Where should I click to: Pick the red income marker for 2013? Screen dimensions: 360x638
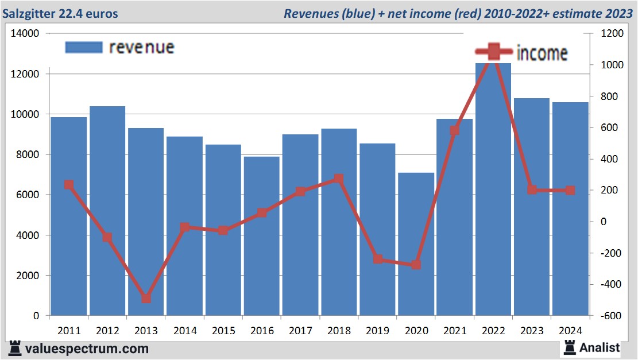(x=146, y=299)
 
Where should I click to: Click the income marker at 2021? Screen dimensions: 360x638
(x=455, y=131)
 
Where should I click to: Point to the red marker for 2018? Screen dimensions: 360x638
(x=339, y=179)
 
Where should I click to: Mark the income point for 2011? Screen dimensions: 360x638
(x=69, y=185)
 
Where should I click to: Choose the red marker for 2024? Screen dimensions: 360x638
(x=570, y=190)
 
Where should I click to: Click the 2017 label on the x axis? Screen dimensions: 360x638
(x=300, y=331)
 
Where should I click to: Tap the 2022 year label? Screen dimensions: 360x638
(x=493, y=331)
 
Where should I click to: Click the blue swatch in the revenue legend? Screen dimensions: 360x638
(x=83, y=47)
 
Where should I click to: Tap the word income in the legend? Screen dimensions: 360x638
(x=542, y=53)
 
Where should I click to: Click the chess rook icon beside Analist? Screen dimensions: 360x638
(x=570, y=347)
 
